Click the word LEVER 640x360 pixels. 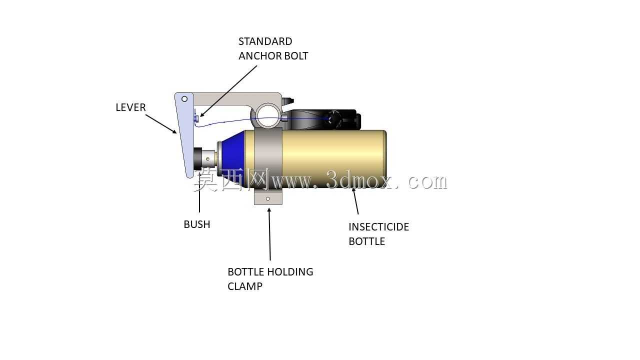tap(130, 107)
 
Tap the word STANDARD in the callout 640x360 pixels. tap(265, 41)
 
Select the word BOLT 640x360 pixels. tap(294, 55)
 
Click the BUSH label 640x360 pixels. tap(197, 224)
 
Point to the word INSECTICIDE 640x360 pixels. tap(379, 227)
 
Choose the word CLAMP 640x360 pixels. tap(245, 286)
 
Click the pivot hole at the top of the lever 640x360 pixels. tap(184, 99)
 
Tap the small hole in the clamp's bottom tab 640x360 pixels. tap(267, 198)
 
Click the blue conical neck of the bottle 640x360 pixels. tap(232, 158)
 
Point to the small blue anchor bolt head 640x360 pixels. tap(196, 118)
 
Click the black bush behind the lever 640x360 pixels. tap(197, 159)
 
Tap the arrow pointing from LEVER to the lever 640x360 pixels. tap(161, 124)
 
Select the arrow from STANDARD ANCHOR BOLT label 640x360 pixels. tap(228, 91)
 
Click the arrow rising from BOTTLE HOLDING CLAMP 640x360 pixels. tap(269, 234)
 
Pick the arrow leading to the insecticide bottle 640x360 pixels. tap(355, 201)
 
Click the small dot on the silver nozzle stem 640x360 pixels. tap(207, 159)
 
